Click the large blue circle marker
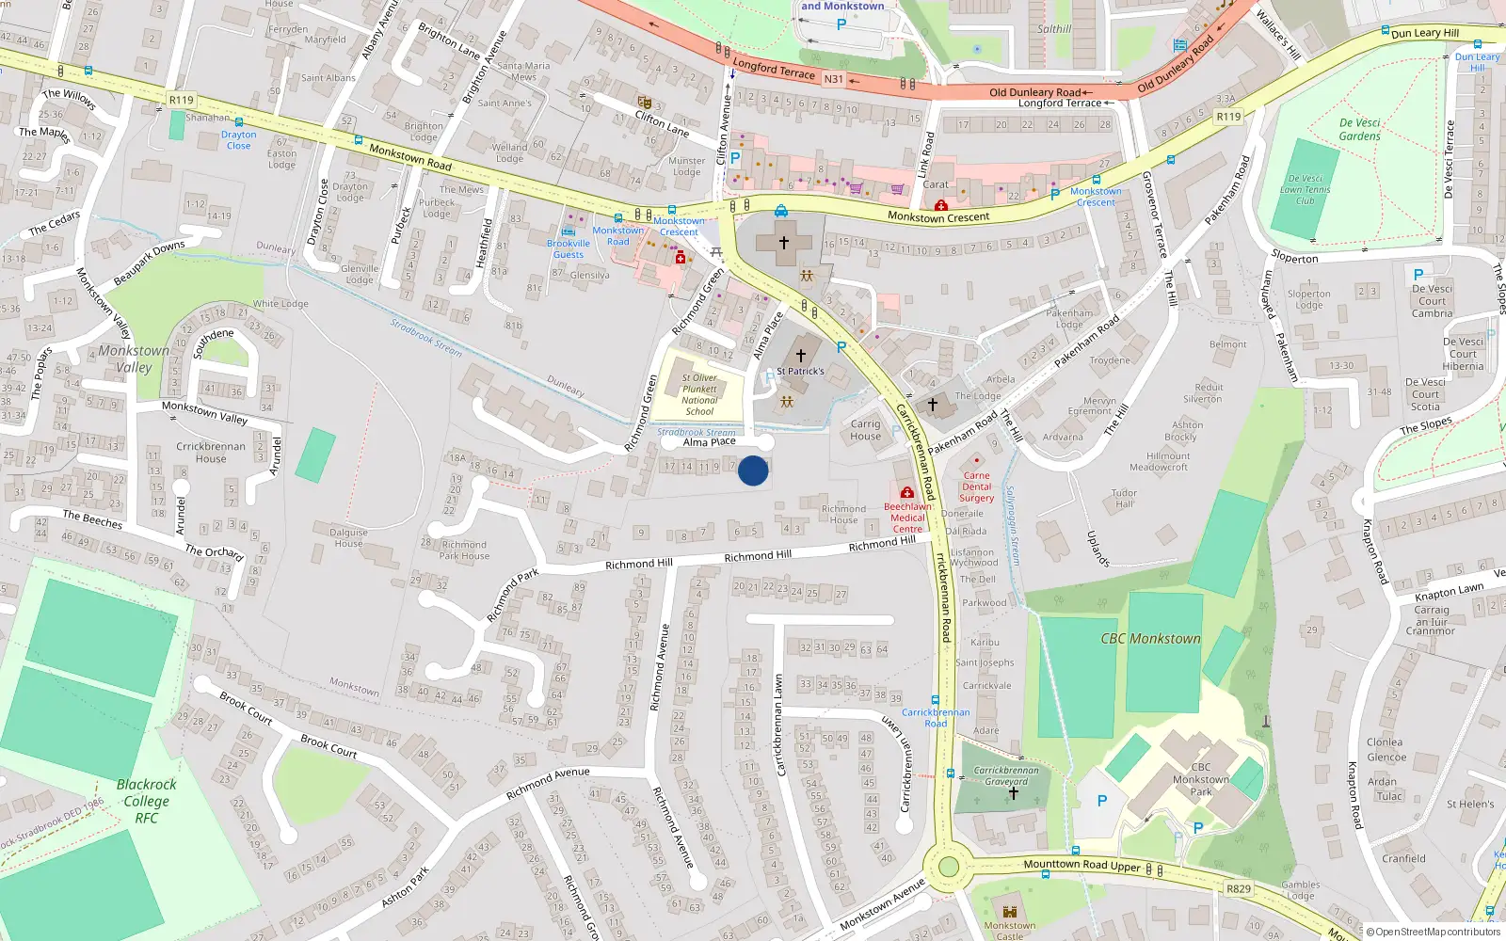coord(753,470)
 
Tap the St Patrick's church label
coord(800,371)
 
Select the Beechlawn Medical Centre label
coord(907,518)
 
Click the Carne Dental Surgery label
coord(976,486)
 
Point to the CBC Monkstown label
coord(1150,639)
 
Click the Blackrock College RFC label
coord(146,801)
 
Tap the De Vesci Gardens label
coord(1359,130)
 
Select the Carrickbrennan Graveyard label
coord(1006,775)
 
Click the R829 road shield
coord(1239,888)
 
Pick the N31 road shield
coord(834,79)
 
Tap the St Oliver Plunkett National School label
coord(699,394)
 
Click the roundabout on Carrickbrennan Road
coord(948,867)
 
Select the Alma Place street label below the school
coord(709,441)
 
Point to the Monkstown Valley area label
coord(134,359)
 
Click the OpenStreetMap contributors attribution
coord(1433,932)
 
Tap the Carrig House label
coord(865,430)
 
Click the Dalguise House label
coord(348,537)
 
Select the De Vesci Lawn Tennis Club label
coord(1305,189)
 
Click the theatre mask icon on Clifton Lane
coord(645,102)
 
